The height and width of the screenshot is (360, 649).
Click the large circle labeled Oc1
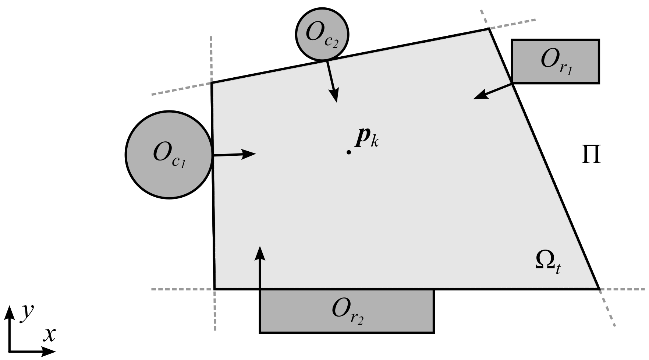tap(169, 155)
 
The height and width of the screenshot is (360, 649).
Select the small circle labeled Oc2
tap(322, 34)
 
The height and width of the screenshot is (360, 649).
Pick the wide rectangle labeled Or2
tap(347, 311)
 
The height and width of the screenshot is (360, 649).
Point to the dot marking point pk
tap(348, 152)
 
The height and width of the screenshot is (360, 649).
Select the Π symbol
tap(591, 155)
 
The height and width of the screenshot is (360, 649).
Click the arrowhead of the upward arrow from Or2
tap(260, 249)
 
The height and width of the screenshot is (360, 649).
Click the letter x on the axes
tap(49, 334)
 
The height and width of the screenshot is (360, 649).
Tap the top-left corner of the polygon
tap(212, 83)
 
